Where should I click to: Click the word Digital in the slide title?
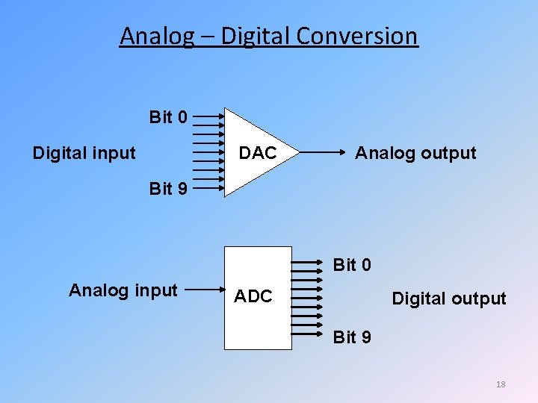[x=247, y=36]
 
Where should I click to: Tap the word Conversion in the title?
[x=359, y=36]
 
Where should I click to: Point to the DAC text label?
[x=258, y=154]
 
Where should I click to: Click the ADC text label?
[x=253, y=296]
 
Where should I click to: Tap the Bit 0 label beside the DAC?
[x=168, y=117]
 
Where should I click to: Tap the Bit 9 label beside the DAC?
[x=168, y=189]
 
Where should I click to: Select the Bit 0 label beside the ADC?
[x=352, y=265]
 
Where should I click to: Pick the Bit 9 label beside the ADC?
[x=352, y=337]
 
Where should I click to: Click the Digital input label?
[x=84, y=154]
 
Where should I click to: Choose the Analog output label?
[x=415, y=154]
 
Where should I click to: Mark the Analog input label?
[x=123, y=290]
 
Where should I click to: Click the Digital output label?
[x=449, y=299]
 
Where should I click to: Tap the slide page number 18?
[x=501, y=384]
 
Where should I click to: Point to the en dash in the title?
[x=205, y=37]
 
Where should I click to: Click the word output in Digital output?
[x=478, y=299]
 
